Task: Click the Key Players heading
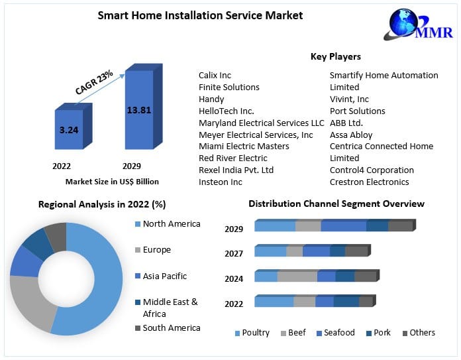336,56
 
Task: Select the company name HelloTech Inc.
227,111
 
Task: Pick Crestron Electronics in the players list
369,182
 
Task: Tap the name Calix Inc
215,75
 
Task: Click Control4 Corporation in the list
372,170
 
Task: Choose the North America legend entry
171,224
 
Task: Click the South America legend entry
171,328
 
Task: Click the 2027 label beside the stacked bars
234,253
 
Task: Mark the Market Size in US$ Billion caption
112,181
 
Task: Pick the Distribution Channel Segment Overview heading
336,204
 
